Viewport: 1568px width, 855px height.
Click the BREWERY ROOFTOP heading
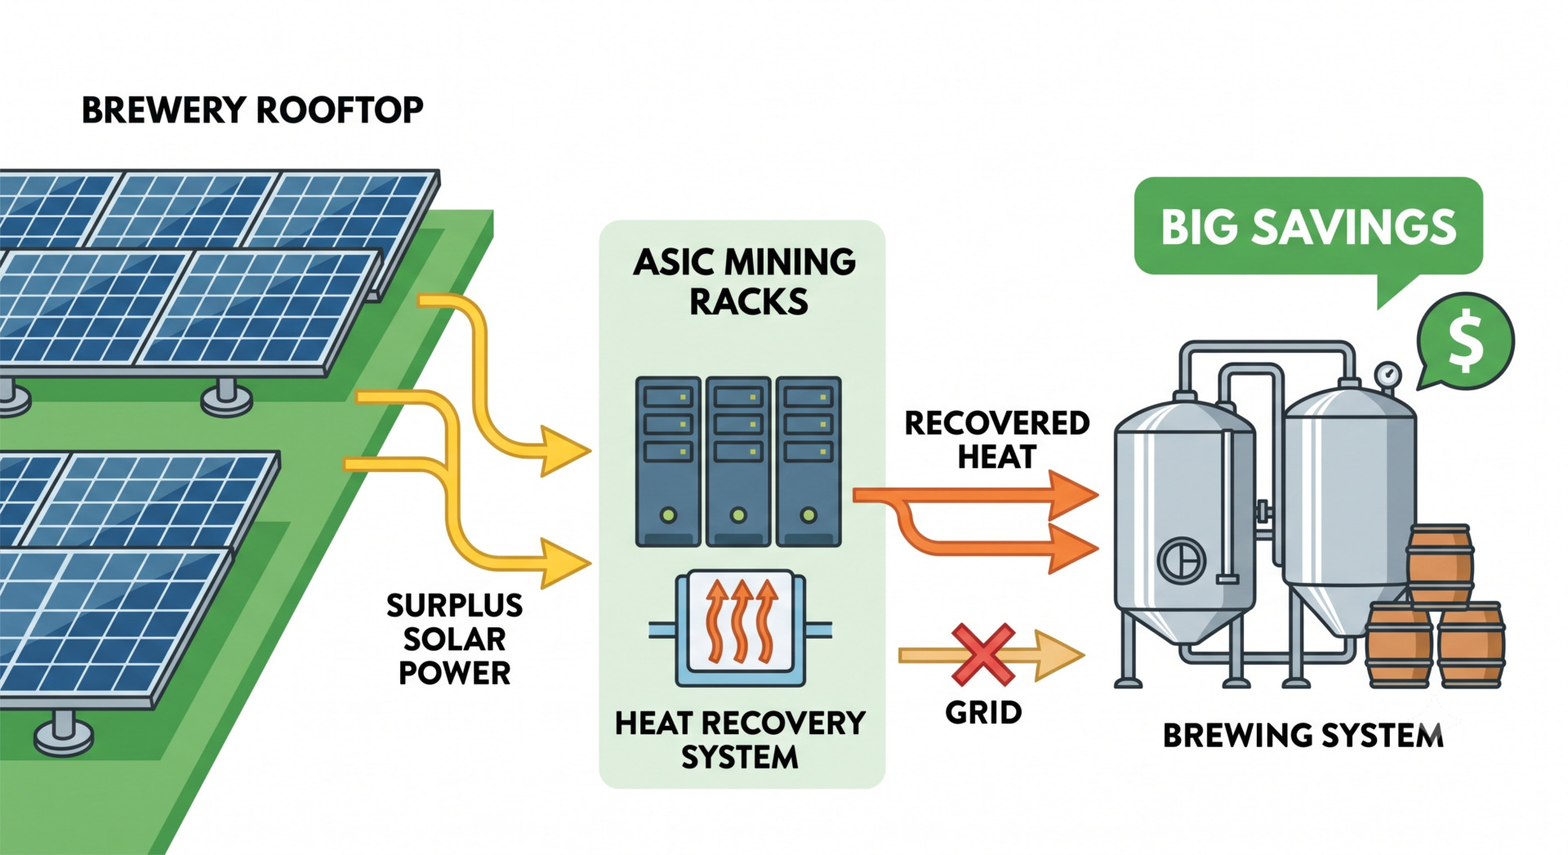(252, 110)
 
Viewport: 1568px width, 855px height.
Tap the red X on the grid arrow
(983, 654)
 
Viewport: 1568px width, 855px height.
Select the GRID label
(983, 713)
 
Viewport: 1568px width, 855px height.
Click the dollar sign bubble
(1466, 341)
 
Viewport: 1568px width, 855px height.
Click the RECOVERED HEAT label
(997, 439)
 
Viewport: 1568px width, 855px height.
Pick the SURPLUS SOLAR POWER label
(455, 639)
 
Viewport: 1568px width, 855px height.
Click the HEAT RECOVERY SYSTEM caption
(740, 740)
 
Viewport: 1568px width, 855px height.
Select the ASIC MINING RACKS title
(745, 282)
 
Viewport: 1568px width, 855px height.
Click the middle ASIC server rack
(738, 461)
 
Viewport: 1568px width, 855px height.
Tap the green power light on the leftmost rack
(668, 515)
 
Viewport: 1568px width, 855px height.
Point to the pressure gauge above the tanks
(1388, 376)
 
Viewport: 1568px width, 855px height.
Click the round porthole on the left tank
(1182, 560)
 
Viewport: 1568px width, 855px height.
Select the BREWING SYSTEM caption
(1303, 736)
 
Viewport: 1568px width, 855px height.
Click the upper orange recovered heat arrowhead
(1073, 495)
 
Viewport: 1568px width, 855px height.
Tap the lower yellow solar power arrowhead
(566, 563)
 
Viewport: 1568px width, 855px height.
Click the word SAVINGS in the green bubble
(1355, 226)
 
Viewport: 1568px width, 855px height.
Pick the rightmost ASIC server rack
(808, 461)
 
